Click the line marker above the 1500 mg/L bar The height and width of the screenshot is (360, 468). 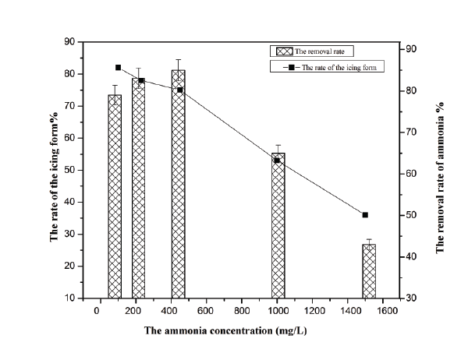point(365,215)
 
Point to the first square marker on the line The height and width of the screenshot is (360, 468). point(118,68)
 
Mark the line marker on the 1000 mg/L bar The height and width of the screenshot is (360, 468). point(277,161)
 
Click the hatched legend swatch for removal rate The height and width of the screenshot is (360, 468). point(285,51)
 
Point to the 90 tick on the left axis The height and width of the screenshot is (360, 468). point(73,42)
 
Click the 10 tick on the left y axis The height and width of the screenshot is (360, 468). point(73,298)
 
